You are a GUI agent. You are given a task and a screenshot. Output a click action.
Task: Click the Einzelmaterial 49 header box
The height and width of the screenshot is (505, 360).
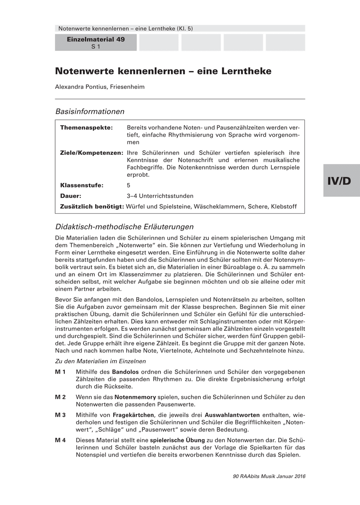click(96, 43)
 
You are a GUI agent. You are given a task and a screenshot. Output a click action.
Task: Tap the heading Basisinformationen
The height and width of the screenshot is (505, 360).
click(90, 112)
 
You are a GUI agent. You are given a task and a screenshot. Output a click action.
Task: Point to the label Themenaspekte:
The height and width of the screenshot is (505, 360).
click(86, 127)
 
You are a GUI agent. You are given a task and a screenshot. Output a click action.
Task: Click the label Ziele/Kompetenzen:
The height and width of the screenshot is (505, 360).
click(91, 152)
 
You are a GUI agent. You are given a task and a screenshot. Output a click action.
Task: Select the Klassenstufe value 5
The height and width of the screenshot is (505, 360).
click(128, 185)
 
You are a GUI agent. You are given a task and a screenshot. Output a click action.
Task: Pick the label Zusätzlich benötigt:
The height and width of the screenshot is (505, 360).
click(92, 207)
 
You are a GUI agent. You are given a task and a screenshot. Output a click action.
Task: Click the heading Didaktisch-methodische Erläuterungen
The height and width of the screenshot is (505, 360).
click(124, 227)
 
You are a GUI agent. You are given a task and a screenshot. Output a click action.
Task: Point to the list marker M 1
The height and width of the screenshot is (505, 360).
click(60, 372)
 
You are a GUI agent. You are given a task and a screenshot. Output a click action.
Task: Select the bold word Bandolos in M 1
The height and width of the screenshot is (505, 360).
click(125, 372)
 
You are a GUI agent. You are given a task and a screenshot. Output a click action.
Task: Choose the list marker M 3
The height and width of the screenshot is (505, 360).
click(60, 415)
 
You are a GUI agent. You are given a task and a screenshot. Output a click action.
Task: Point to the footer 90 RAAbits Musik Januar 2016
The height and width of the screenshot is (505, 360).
click(269, 476)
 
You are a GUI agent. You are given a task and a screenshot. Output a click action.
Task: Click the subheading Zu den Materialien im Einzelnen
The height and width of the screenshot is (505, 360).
click(101, 361)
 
